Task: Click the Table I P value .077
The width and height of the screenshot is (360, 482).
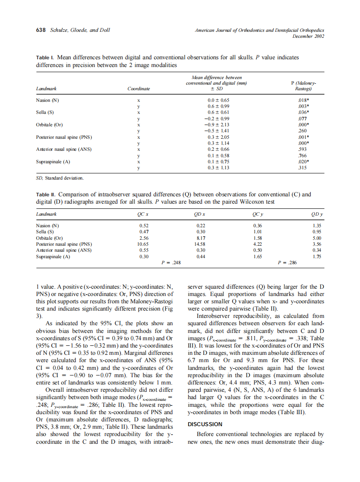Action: tap(303, 119)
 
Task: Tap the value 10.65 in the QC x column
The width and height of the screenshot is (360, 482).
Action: tap(143, 244)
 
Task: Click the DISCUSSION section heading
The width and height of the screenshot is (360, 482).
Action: tap(205, 424)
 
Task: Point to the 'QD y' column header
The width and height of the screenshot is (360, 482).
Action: tap(317, 214)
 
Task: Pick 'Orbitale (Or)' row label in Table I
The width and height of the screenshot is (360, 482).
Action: tap(49, 125)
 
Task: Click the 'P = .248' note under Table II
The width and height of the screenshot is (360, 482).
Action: tap(171, 262)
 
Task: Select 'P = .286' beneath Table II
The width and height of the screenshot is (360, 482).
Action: tap(287, 262)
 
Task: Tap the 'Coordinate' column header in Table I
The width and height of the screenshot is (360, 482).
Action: tap(139, 89)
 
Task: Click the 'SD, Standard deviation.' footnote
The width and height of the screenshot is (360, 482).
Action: tap(60, 177)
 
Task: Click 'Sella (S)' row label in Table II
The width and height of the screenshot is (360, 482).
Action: tap(45, 232)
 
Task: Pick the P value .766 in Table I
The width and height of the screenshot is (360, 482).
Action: tap(303, 156)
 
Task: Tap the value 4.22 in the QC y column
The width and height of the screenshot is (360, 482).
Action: tap(258, 244)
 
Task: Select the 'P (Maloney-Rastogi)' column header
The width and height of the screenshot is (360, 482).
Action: tap(303, 86)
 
